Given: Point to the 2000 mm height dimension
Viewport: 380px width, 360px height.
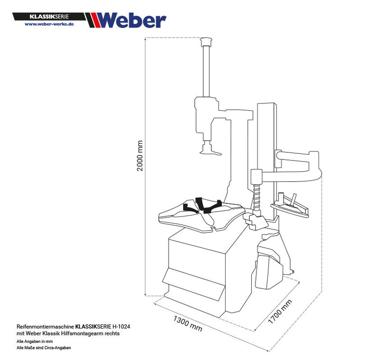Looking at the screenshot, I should (x=140, y=156).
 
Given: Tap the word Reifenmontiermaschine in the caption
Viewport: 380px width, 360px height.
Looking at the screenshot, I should (x=45, y=327).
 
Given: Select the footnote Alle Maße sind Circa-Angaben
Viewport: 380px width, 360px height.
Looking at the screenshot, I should (x=44, y=348).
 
